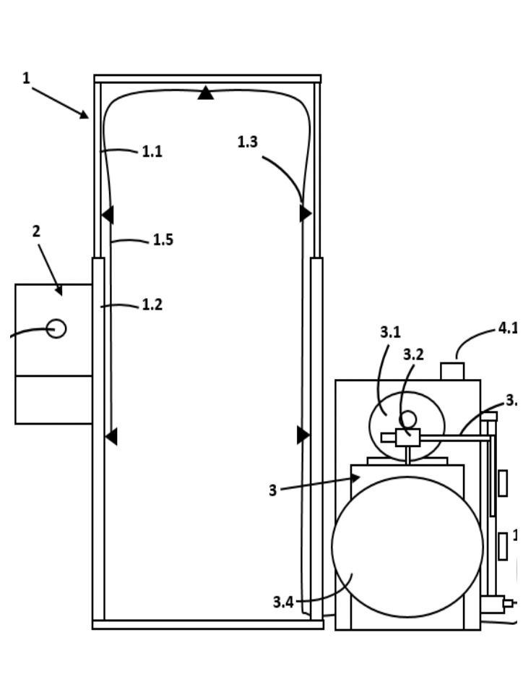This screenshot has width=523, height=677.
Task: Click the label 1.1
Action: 152,152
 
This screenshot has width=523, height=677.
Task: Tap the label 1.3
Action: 247,142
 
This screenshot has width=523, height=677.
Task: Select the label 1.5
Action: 163,240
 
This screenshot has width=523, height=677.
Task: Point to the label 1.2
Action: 152,305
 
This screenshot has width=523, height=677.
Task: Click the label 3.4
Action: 283,602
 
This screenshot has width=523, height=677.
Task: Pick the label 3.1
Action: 390,333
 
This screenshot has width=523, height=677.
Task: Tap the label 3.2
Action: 413,355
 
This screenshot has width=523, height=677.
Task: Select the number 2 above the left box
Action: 36,231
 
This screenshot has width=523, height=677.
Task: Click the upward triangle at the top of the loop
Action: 206,93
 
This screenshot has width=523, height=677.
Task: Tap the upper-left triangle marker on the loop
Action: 108,215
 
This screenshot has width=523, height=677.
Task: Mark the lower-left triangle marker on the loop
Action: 111,436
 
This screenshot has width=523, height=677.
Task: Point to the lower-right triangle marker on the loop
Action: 303,435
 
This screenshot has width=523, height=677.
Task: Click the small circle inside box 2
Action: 56,328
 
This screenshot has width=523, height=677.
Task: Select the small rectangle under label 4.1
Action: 452,371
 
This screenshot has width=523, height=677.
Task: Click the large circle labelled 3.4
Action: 407,547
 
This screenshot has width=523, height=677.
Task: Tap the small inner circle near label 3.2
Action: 408,420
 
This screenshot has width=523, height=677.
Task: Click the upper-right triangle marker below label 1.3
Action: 306,213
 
